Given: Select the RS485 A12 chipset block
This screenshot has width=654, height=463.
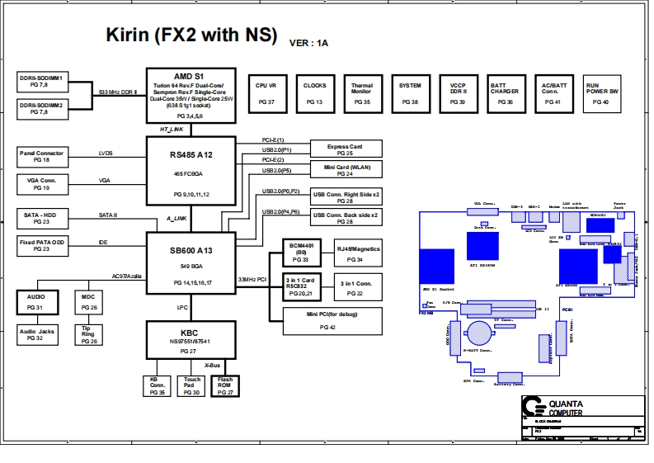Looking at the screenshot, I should [x=191, y=171].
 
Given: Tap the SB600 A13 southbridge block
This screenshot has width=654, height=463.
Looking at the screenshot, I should [x=191, y=261].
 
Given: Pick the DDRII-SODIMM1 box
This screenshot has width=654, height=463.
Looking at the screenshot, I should [x=46, y=81].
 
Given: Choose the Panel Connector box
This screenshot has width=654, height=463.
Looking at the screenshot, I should [x=46, y=157].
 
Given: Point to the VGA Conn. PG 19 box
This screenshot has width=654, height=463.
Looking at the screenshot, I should [x=46, y=184].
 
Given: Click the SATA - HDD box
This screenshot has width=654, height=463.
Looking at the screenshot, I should [x=46, y=218].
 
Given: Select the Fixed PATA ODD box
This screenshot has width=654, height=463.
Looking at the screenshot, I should [x=46, y=245].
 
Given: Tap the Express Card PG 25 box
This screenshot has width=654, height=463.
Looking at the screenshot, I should [x=345, y=149].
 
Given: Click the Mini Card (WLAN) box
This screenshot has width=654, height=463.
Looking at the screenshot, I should [x=345, y=170].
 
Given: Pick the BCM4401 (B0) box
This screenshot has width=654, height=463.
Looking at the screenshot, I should [x=300, y=253].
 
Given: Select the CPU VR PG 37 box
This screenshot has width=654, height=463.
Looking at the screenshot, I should [x=266, y=92].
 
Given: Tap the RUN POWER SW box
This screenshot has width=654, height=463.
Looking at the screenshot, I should [x=598, y=92].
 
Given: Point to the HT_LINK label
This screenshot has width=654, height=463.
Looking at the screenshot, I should [x=172, y=130].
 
